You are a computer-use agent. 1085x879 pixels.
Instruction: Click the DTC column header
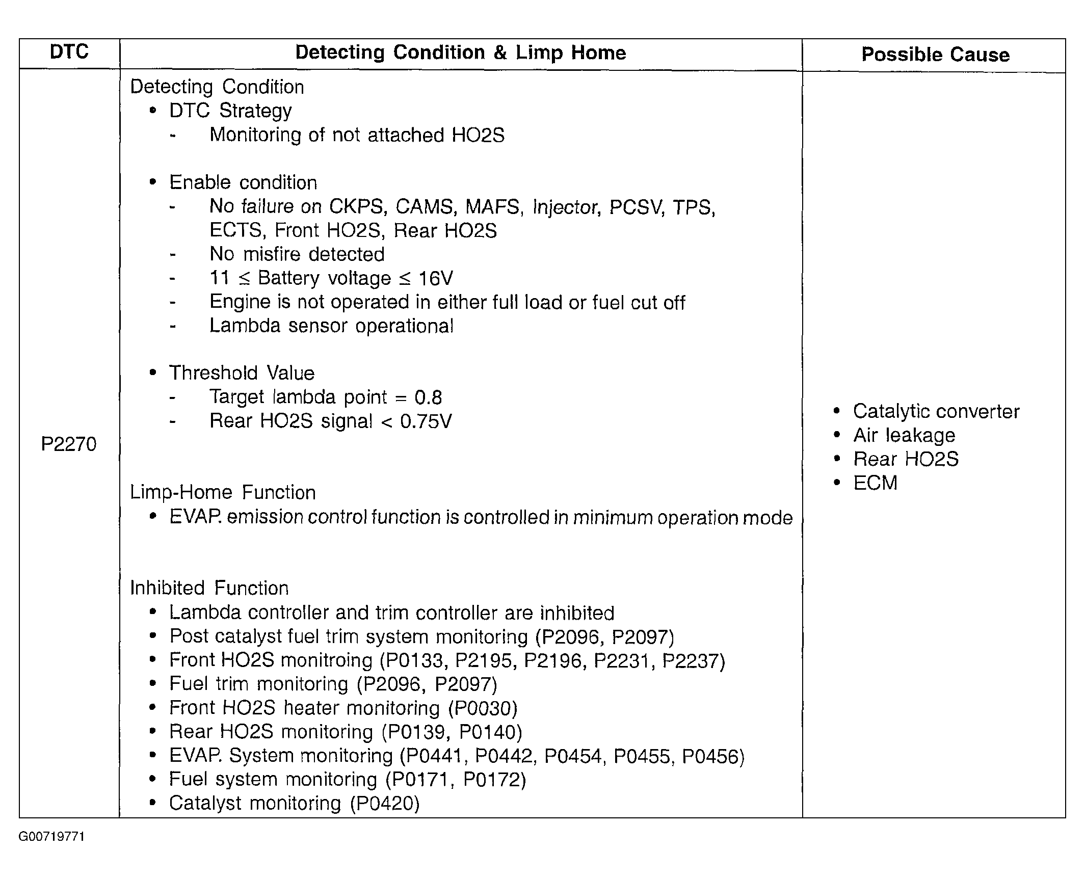pyautogui.click(x=69, y=52)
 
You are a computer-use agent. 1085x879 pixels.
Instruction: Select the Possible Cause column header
pyautogui.click(x=935, y=55)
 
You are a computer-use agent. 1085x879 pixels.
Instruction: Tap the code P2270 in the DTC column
pyautogui.click(x=69, y=444)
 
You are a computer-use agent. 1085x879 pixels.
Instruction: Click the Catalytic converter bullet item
pyautogui.click(x=936, y=411)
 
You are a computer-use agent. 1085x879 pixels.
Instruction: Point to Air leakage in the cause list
pyautogui.click(x=904, y=435)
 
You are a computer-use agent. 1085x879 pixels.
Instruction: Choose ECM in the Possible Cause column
pyautogui.click(x=875, y=483)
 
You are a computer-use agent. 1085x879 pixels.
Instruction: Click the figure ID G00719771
pyautogui.click(x=51, y=837)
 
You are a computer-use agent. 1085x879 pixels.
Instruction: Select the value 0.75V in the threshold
pyautogui.click(x=426, y=421)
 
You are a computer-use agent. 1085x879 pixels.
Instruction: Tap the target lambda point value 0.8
pyautogui.click(x=428, y=397)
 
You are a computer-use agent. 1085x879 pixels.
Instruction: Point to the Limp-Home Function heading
pyautogui.click(x=223, y=493)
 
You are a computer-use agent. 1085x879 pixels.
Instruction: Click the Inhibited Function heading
pyautogui.click(x=209, y=588)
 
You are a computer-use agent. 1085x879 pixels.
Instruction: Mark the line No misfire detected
pyautogui.click(x=297, y=254)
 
